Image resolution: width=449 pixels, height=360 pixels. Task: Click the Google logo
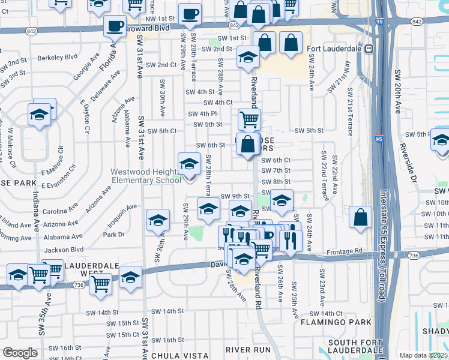pos(20,353)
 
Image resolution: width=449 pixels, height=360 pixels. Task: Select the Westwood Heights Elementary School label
pos(145,175)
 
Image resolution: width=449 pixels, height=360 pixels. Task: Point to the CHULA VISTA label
pos(173,355)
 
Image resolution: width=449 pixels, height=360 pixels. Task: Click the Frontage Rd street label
pos(344,250)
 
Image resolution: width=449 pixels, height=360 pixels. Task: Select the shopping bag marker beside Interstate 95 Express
pos(360,218)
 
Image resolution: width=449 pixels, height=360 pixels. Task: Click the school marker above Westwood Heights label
pos(189,163)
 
